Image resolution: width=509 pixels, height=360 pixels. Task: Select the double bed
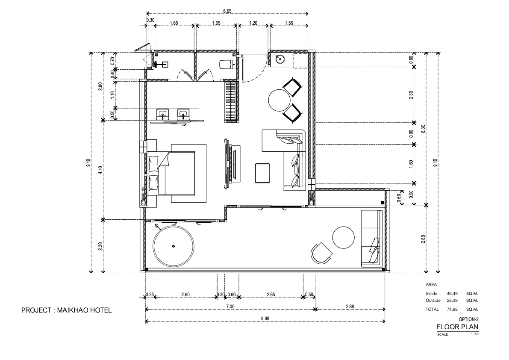pyautogui.click(x=171, y=173)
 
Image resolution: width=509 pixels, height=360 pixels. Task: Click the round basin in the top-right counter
pyautogui.click(x=280, y=59)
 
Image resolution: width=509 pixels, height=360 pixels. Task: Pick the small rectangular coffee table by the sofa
pyautogui.click(x=262, y=173)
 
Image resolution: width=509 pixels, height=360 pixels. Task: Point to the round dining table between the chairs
pyautogui.click(x=280, y=100)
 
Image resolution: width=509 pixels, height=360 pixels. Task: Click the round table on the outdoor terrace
pyautogui.click(x=344, y=237)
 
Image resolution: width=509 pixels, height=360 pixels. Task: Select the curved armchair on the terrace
pyautogui.click(x=321, y=253)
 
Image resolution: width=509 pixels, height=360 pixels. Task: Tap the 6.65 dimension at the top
pyautogui.click(x=227, y=11)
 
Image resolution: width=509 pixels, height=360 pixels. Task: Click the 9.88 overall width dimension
pyautogui.click(x=265, y=319)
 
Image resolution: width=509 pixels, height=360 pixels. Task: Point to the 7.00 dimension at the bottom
pyautogui.click(x=230, y=307)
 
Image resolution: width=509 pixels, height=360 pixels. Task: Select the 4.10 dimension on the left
pyautogui.click(x=100, y=170)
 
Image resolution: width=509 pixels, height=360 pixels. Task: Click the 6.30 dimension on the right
pyautogui.click(x=423, y=129)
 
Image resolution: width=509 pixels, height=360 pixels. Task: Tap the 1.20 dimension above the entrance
pyautogui.click(x=253, y=23)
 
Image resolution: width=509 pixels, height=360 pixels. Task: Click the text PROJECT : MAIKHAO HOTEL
pyautogui.click(x=67, y=310)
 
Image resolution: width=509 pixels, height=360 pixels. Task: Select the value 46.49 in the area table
pyautogui.click(x=452, y=293)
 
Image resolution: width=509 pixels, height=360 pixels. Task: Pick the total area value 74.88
pyautogui.click(x=452, y=310)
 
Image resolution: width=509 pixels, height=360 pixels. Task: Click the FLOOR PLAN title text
pyautogui.click(x=457, y=327)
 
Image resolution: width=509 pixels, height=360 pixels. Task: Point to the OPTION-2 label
pyautogui.click(x=468, y=319)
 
